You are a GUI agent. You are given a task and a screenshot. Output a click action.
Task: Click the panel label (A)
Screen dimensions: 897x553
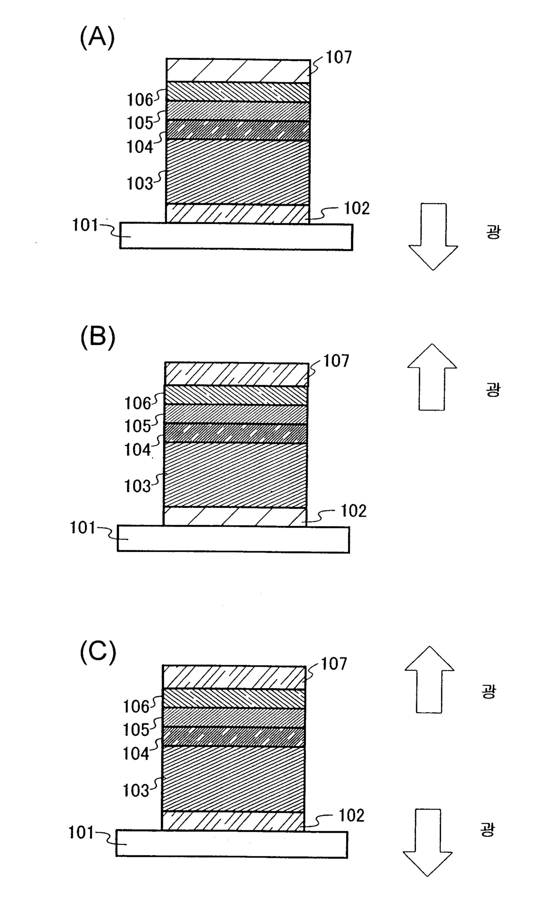pyautogui.click(x=97, y=37)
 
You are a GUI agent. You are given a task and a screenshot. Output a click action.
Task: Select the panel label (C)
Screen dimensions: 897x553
pyautogui.click(x=98, y=653)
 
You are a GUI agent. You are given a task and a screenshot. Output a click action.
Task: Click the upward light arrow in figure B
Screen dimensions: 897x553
pyautogui.click(x=432, y=377)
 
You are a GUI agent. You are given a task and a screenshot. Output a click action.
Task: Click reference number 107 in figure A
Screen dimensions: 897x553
pyautogui.click(x=338, y=57)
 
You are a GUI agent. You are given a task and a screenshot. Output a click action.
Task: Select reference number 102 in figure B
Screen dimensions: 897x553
pyautogui.click(x=354, y=511)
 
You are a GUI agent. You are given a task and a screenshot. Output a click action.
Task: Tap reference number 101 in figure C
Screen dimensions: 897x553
pyautogui.click(x=81, y=833)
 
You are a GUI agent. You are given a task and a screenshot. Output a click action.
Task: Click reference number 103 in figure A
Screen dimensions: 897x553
pyautogui.click(x=140, y=183)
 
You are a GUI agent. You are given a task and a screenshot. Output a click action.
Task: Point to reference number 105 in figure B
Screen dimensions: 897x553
pyautogui.click(x=137, y=426)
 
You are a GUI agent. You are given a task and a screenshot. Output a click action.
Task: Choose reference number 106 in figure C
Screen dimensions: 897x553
pyautogui.click(x=136, y=706)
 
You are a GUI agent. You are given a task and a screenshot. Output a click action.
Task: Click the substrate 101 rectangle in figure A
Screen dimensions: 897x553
pyautogui.click(x=236, y=237)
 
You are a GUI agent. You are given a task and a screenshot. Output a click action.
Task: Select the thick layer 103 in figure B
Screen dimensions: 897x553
pyautogui.click(x=235, y=474)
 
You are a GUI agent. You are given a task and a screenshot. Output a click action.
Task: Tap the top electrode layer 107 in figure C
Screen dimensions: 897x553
pyautogui.click(x=234, y=677)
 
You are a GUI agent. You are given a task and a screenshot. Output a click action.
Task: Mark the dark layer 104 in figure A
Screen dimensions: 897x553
pyautogui.click(x=238, y=130)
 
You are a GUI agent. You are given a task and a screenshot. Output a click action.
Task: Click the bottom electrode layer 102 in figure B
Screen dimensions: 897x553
pyautogui.click(x=235, y=517)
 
